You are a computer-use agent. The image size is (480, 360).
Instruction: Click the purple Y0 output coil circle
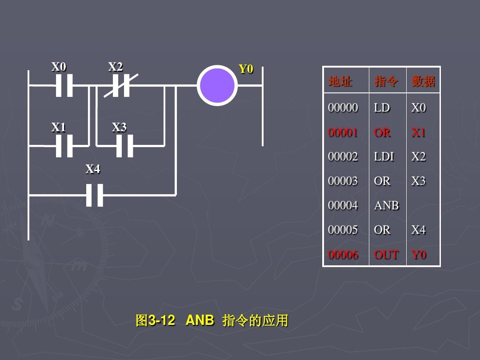[217, 85]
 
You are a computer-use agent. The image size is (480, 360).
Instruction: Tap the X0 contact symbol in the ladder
[64, 85]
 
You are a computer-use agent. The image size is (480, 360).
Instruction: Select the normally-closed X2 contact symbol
[121, 85]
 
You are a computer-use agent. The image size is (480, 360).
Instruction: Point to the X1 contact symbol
[64, 146]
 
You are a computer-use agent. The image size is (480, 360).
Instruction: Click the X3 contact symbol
[124, 146]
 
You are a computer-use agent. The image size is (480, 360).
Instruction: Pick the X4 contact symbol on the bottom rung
[95, 195]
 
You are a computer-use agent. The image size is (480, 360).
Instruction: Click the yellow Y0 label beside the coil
[246, 69]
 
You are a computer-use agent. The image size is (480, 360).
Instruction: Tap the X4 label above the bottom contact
[93, 169]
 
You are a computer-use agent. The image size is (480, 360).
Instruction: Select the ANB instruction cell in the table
[386, 205]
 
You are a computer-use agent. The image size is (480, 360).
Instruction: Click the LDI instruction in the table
[384, 156]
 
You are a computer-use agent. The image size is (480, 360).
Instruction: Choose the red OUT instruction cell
[386, 254]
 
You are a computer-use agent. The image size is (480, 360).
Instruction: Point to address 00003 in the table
[343, 181]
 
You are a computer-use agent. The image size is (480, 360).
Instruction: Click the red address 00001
[343, 132]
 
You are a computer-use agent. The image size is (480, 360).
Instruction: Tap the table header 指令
[386, 81]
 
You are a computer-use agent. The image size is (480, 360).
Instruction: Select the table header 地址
[340, 81]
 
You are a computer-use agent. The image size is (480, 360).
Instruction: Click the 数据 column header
[424, 81]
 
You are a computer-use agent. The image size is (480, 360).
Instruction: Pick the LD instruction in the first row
[382, 108]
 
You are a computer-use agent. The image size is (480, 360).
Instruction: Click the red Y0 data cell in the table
[419, 254]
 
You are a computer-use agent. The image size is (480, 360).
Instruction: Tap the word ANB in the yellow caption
[200, 320]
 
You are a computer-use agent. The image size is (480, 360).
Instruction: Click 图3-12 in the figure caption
[155, 320]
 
